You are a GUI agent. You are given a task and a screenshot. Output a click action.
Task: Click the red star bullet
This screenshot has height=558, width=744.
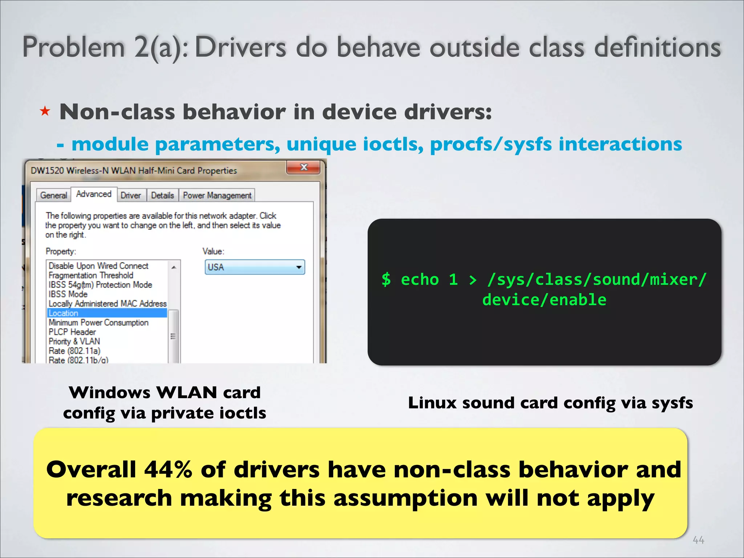click(x=45, y=111)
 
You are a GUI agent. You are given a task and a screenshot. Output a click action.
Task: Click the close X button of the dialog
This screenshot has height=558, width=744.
click(x=304, y=167)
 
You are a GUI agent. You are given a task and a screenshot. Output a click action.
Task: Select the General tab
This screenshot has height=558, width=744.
click(x=53, y=195)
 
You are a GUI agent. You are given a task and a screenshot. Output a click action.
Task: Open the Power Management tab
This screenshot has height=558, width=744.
click(x=217, y=195)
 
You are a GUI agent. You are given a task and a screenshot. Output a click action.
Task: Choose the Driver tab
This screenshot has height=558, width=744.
click(x=130, y=195)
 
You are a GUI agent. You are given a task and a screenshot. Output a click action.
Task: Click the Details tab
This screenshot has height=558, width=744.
click(x=162, y=195)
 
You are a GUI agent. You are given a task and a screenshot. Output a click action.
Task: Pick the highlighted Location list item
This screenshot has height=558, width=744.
click(x=64, y=313)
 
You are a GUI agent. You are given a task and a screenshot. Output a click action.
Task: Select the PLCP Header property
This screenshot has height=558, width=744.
click(x=72, y=332)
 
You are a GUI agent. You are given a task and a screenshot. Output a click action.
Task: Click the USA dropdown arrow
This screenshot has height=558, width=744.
click(x=299, y=267)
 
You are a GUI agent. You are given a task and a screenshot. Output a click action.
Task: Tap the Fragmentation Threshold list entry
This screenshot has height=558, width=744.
click(x=91, y=275)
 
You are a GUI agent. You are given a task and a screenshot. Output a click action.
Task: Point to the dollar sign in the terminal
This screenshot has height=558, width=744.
click(x=386, y=280)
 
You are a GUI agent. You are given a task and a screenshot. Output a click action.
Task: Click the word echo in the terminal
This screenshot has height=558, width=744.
click(x=420, y=280)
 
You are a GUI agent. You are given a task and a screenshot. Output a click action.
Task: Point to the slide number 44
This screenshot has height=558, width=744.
click(x=698, y=540)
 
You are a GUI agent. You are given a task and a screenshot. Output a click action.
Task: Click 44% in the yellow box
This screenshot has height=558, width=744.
click(x=168, y=469)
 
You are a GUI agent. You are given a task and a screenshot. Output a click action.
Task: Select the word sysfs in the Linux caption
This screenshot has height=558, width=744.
click(x=672, y=403)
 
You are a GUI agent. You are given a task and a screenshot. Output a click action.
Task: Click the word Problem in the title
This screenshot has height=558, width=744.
click(x=74, y=47)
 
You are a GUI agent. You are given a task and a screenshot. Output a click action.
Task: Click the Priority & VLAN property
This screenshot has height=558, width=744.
click(x=74, y=341)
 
